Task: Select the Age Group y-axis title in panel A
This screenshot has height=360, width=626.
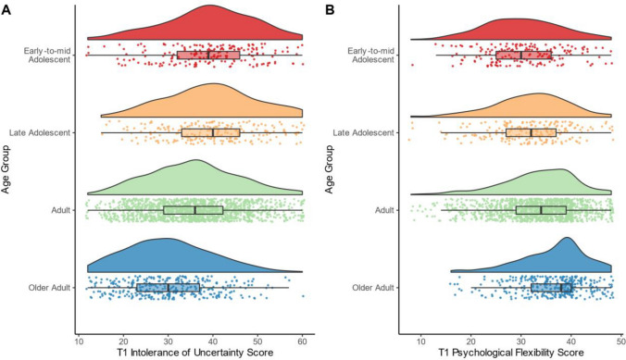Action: click(x=7, y=170)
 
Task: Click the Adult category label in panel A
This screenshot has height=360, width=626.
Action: click(x=62, y=211)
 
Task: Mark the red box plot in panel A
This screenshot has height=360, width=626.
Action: click(x=208, y=55)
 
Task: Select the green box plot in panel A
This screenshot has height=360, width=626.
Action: click(x=194, y=210)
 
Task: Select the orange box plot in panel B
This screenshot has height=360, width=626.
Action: click(x=531, y=132)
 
